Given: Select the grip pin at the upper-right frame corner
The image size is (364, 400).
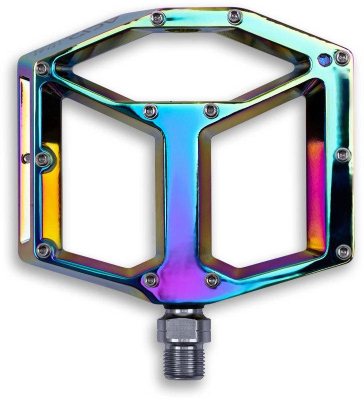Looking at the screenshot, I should (x=342, y=57).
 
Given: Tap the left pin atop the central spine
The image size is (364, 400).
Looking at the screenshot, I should (x=148, y=110).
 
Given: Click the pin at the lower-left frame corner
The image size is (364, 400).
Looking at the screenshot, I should (x=44, y=251).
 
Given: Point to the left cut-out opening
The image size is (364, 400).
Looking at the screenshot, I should (x=105, y=185).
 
